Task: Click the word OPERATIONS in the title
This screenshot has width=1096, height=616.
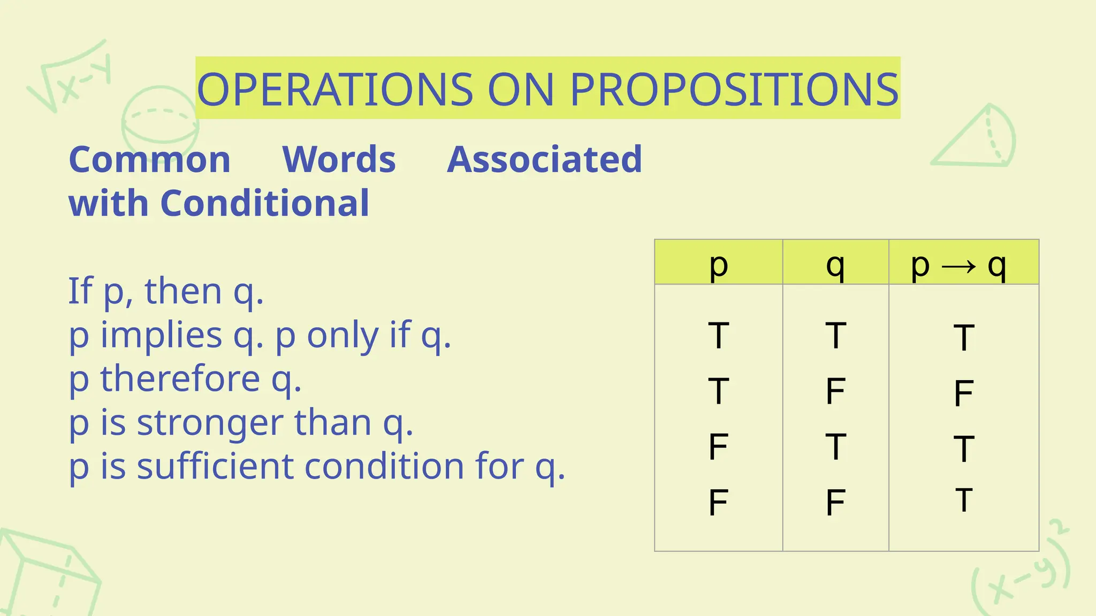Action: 335,89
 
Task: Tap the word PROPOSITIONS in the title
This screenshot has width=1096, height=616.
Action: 734,89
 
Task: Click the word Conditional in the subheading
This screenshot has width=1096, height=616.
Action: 264,203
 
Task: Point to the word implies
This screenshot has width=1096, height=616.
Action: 161,335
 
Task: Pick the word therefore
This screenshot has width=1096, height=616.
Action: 180,379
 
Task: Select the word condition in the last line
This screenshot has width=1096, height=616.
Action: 384,466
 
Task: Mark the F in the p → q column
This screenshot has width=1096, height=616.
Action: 963,393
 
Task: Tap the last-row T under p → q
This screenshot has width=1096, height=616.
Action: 963,500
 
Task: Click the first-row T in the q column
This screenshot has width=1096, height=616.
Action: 835,336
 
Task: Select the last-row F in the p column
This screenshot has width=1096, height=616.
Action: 718,503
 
